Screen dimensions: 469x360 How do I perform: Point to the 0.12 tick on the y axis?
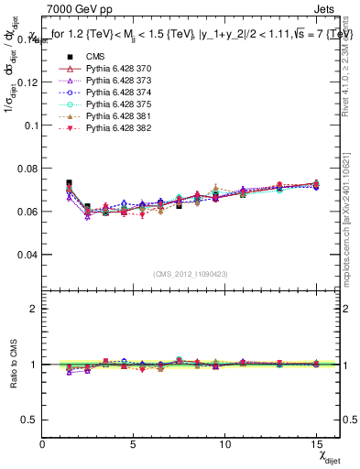[28, 82]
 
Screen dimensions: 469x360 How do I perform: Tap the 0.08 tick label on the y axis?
[28, 168]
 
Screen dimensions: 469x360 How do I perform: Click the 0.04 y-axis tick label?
[28, 254]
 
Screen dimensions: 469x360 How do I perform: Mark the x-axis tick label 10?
[225, 443]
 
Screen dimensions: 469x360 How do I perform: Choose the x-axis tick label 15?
[316, 443]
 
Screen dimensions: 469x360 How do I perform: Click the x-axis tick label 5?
[134, 443]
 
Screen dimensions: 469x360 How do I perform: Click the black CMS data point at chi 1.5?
[70, 183]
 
